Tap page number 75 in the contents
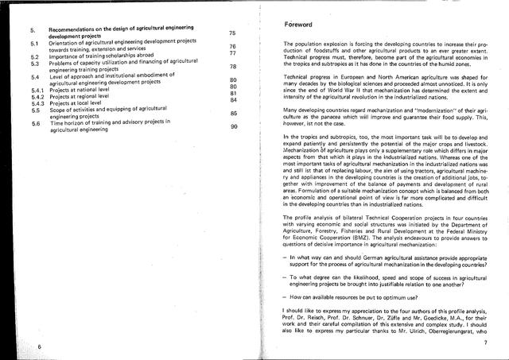(232, 33)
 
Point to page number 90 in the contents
(234, 127)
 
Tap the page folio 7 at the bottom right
(484, 342)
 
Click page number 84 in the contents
(234, 100)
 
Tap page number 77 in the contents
(233, 53)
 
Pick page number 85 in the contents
(234, 114)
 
